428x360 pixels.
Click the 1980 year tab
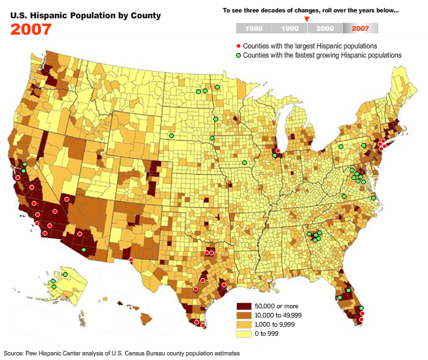[x=253, y=28]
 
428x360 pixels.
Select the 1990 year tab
[x=289, y=28]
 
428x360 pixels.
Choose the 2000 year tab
[x=325, y=28]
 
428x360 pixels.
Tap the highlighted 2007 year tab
[x=360, y=28]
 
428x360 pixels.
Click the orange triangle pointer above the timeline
[x=306, y=19]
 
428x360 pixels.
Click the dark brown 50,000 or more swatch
[x=244, y=306]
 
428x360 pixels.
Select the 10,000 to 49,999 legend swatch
[x=244, y=315]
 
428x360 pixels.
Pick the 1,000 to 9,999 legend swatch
[x=244, y=325]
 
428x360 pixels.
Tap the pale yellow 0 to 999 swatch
[x=244, y=334]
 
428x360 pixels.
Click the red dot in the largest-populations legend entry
[x=238, y=46]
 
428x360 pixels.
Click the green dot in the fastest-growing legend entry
[x=238, y=56]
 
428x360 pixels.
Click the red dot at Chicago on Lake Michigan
[x=278, y=151]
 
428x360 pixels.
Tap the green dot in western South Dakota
[x=171, y=135]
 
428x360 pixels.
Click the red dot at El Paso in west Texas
[x=131, y=260]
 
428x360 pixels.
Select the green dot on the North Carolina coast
[x=373, y=198]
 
